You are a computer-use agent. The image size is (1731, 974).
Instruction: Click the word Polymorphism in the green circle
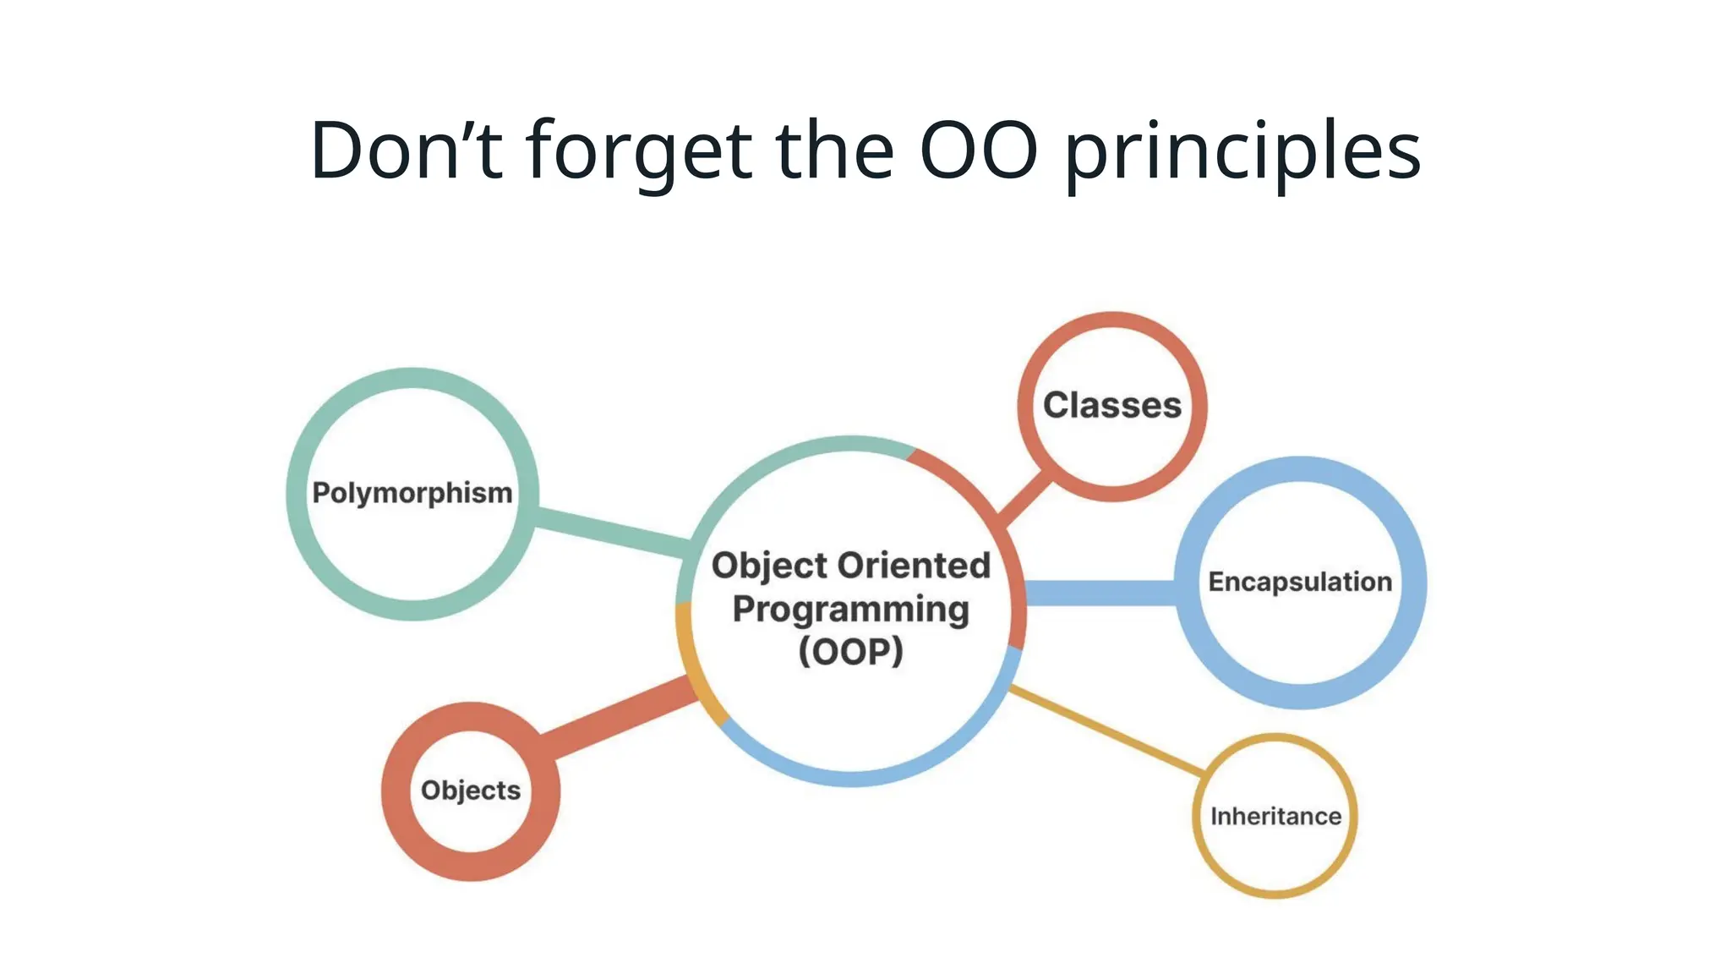(412, 493)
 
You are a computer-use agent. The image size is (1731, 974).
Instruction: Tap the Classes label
(1112, 406)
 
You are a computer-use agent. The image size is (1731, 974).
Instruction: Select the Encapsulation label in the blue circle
(1300, 582)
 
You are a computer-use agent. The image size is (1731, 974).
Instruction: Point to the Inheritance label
(1275, 816)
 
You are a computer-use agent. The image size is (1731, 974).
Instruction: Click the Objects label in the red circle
(471, 791)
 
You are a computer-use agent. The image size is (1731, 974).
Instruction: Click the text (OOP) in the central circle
(851, 652)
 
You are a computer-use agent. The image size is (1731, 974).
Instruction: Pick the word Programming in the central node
(851, 610)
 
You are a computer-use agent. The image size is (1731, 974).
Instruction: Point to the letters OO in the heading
(979, 150)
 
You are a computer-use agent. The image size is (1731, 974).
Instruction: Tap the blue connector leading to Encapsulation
(1099, 593)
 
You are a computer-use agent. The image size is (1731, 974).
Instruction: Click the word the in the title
(834, 150)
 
